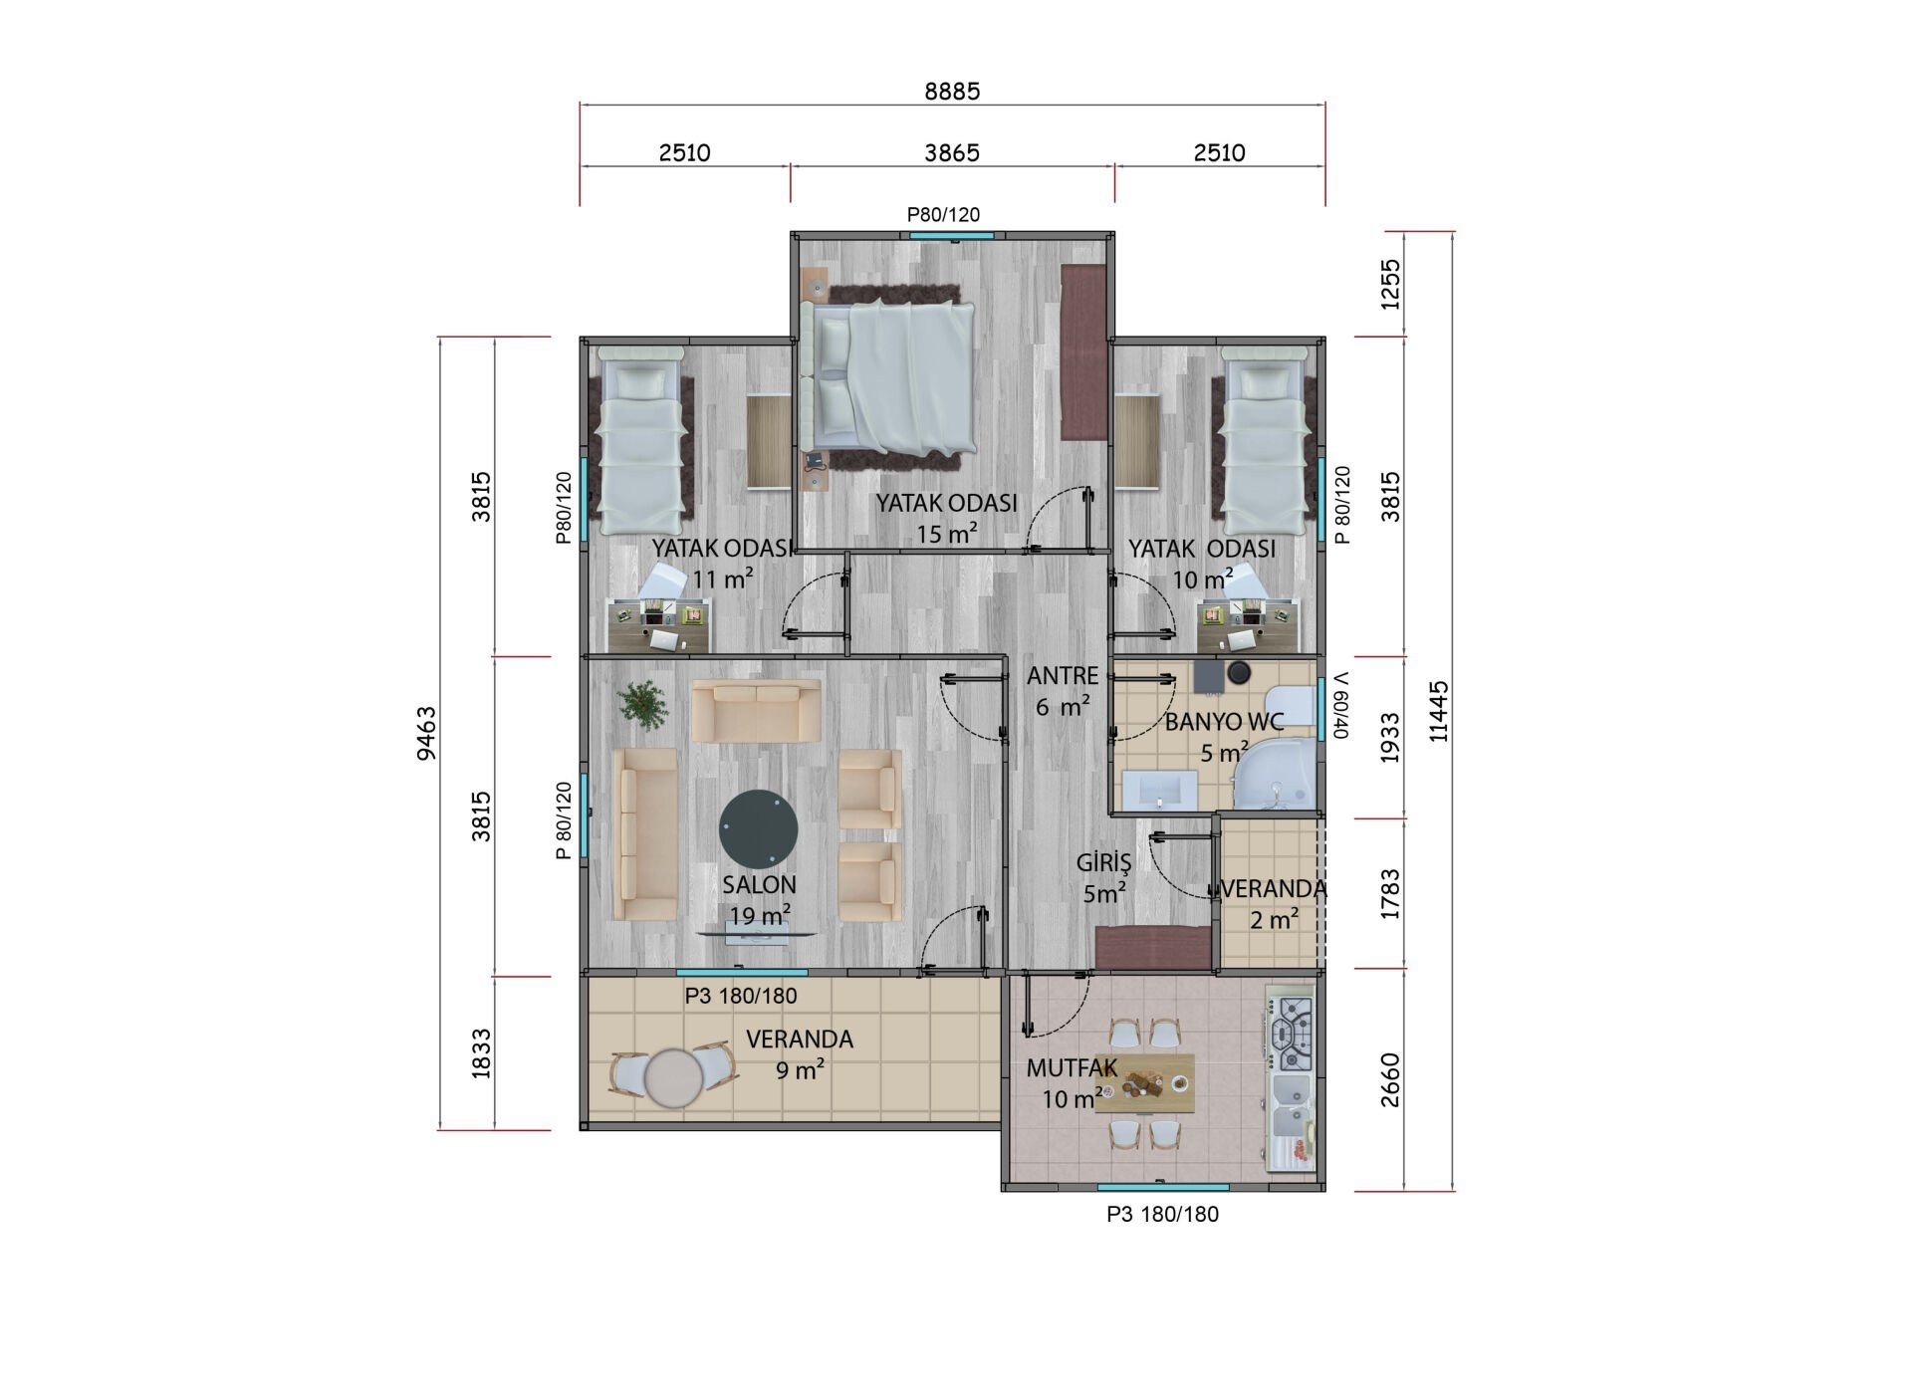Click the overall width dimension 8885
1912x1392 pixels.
952,92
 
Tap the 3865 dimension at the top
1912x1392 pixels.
952,153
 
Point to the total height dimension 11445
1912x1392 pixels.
1439,711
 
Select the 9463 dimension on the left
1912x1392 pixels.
426,734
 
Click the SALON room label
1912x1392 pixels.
759,885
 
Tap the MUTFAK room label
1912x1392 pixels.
1072,1068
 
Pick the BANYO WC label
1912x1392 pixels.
1224,722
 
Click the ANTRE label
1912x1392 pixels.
1063,676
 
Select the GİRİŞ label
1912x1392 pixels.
1103,861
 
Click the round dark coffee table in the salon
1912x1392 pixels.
759,830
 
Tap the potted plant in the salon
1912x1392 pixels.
642,705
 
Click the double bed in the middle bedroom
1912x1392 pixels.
892,377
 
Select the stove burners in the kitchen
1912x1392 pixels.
1296,1034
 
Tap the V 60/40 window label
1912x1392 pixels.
1340,705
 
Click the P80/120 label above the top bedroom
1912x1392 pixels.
943,214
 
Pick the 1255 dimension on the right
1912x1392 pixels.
1390,284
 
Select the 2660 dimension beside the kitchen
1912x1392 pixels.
1390,1080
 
